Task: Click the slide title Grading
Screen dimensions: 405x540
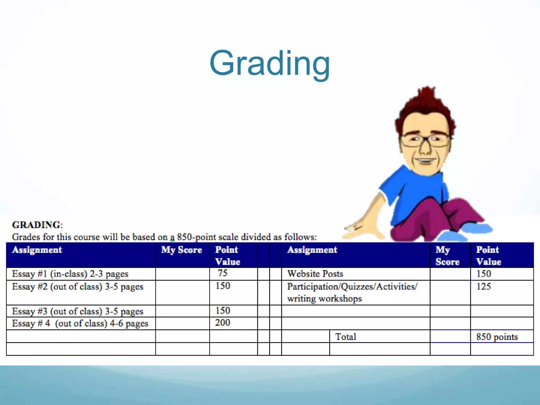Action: [269, 64]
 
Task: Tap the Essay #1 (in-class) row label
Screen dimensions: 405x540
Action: [70, 274]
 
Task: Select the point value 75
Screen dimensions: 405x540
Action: [223, 273]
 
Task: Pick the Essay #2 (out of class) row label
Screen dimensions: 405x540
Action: [78, 287]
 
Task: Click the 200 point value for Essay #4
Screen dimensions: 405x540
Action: [223, 323]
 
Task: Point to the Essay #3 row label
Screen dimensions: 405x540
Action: [78, 311]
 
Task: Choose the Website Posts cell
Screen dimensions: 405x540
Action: [315, 274]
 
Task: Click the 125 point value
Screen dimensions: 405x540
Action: [484, 287]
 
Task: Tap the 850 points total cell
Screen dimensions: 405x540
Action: [497, 337]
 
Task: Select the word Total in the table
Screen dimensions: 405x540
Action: [345, 337]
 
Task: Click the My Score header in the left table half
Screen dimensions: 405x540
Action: [181, 250]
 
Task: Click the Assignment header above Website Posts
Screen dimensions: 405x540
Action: [312, 250]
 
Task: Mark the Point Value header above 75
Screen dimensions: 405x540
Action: [227, 256]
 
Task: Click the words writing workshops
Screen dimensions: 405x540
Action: [324, 299]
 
